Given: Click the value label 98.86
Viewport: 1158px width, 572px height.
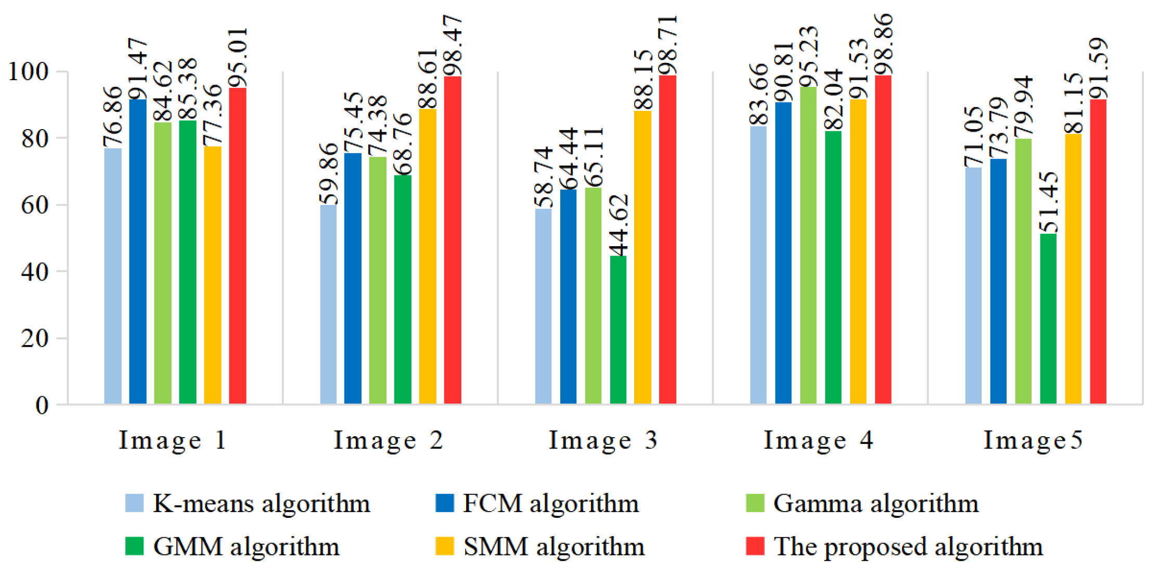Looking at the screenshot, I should click(883, 44).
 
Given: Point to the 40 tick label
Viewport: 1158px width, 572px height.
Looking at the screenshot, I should click(35, 271).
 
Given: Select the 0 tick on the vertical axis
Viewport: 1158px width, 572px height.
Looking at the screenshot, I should click(42, 405).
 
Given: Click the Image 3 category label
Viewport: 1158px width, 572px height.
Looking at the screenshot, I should click(603, 440).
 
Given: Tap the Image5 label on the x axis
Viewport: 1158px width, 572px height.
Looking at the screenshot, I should click(1033, 440).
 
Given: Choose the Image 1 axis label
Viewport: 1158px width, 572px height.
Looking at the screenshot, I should click(173, 440).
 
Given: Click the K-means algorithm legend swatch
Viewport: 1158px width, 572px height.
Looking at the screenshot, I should click(134, 503).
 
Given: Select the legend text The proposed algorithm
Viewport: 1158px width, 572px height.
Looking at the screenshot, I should click(908, 546).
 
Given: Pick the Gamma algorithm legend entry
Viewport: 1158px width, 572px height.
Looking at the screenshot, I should click(876, 503).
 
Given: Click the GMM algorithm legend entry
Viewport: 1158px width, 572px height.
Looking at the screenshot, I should click(246, 546).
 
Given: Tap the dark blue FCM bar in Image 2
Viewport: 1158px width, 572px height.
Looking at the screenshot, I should click(353, 278).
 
